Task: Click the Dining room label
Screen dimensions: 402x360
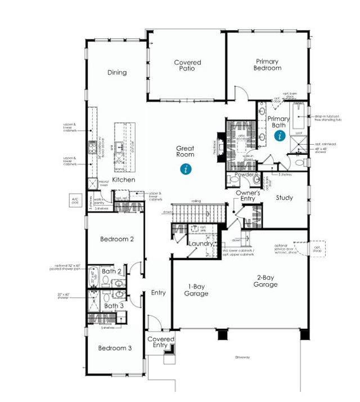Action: tap(117, 72)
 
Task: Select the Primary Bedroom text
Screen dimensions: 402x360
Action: tap(268, 65)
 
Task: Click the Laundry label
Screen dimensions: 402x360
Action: tap(200, 244)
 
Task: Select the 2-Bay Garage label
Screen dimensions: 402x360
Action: tap(265, 281)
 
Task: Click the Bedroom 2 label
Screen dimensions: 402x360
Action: tap(116, 239)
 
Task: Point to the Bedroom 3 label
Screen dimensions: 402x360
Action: tap(115, 348)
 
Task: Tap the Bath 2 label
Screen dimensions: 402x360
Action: tap(112, 271)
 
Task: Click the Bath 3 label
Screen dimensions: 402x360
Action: tap(114, 306)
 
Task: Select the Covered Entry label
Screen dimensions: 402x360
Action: tap(160, 342)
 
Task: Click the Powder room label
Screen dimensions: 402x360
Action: tap(246, 175)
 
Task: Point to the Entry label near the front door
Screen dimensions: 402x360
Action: tap(158, 293)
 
